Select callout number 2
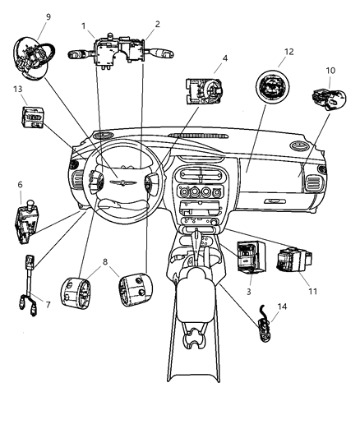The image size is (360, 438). (157, 25)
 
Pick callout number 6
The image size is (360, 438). (19, 185)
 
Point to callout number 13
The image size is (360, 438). (18, 88)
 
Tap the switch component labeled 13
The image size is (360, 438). (34, 118)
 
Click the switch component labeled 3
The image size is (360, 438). (247, 256)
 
